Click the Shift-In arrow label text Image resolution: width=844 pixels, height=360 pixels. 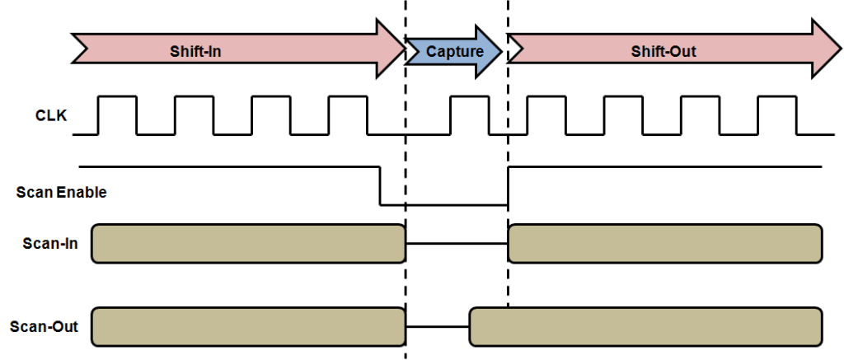[195, 51]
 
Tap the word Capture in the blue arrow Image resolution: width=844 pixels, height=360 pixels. [454, 51]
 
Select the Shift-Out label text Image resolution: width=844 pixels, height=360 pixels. [663, 51]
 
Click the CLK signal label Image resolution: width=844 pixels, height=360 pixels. [51, 116]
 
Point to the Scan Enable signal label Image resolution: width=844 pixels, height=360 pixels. [61, 193]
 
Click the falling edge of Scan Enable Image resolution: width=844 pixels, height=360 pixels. [379, 186]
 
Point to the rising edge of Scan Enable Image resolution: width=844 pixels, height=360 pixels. [508, 186]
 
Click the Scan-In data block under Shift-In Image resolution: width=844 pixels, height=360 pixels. [248, 243]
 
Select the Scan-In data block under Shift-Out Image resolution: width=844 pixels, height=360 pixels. [665, 243]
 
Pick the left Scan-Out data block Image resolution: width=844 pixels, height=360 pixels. [248, 326]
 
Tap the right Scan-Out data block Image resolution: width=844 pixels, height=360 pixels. [645, 326]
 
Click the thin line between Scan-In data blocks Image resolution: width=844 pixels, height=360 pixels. [457, 243]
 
